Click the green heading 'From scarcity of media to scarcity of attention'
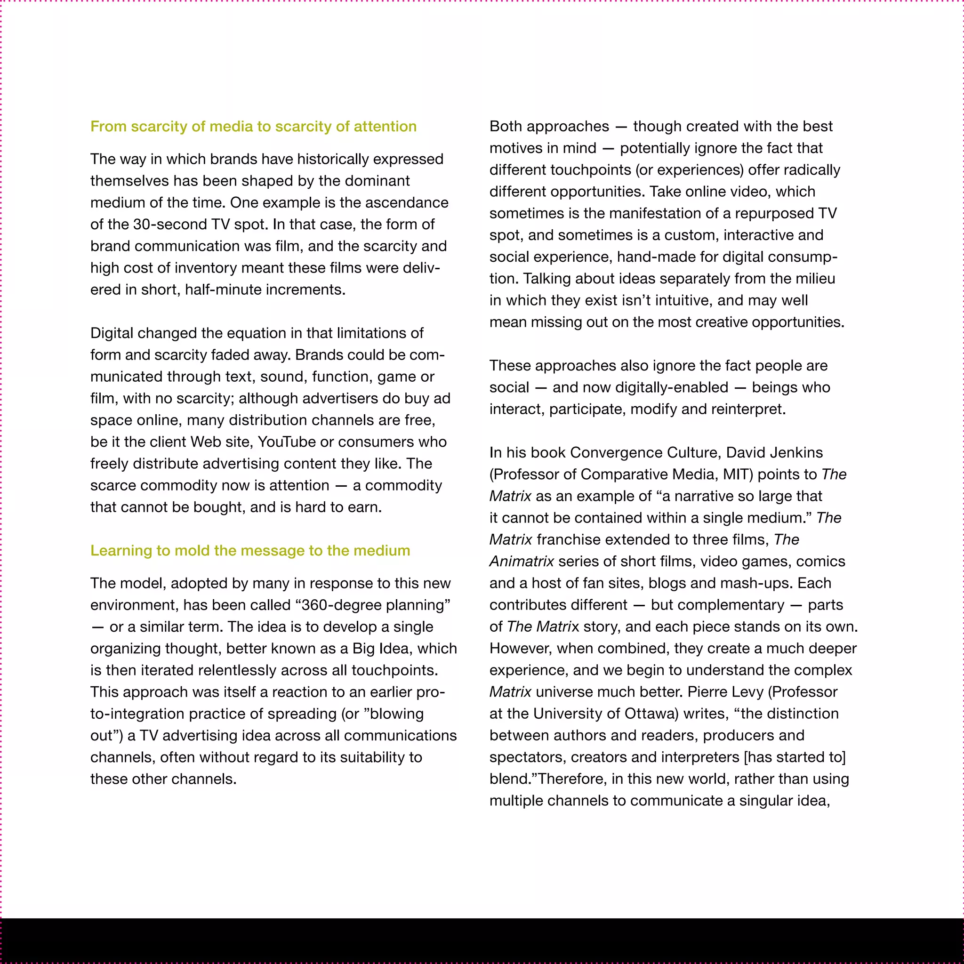(x=253, y=126)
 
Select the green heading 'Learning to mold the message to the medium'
(x=250, y=550)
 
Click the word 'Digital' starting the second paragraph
(x=111, y=333)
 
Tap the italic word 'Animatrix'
(x=522, y=562)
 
